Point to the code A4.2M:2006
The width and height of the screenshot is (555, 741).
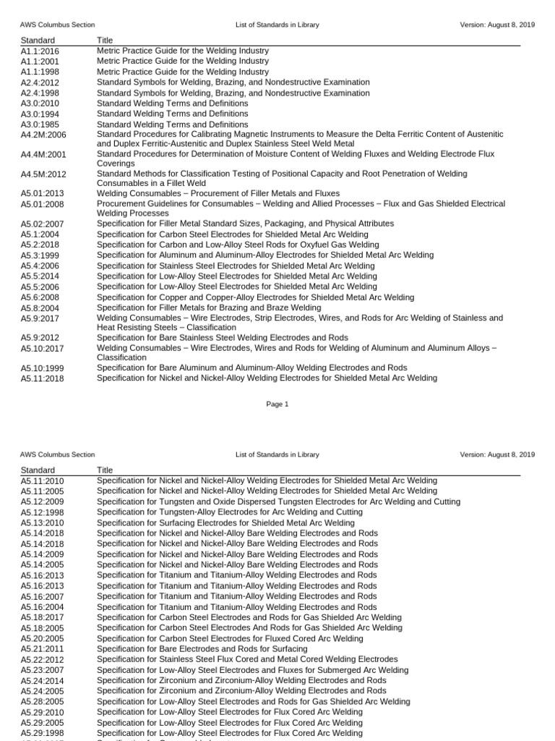[43, 135]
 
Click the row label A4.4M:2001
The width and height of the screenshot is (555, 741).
[43, 155]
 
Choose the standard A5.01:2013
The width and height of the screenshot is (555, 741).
[42, 194]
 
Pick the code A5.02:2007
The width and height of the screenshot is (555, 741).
[42, 224]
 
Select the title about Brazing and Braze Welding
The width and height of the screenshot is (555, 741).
[209, 308]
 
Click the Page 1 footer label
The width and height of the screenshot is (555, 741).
[277, 405]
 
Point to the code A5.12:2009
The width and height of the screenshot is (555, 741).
[42, 502]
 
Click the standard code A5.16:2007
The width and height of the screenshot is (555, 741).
[42, 596]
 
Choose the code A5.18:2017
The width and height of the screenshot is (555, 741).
[42, 618]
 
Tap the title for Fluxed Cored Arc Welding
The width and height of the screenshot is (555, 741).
[230, 639]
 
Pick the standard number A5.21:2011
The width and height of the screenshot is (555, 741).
[42, 650]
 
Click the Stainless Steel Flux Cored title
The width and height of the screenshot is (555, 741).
[247, 659]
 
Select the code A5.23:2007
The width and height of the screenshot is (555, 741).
[42, 671]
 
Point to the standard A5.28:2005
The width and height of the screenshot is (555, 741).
[42, 702]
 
